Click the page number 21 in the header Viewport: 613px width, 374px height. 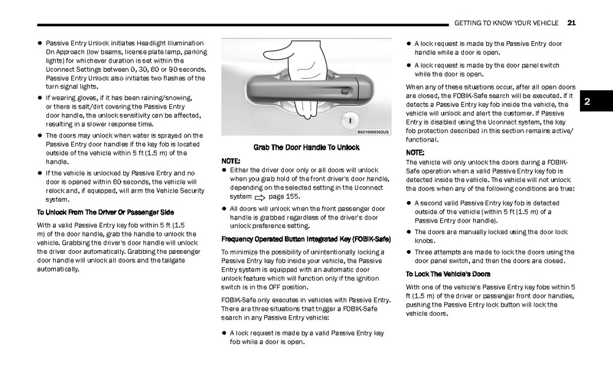click(571, 23)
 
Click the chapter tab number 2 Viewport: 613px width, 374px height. click(586, 102)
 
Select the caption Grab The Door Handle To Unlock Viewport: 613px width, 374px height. click(306, 148)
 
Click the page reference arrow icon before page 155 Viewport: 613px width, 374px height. click(258, 197)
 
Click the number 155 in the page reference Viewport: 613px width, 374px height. click(292, 197)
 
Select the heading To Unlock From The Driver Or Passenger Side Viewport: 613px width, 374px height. click(105, 212)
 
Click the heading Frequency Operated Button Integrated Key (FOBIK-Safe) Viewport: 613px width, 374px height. click(306, 239)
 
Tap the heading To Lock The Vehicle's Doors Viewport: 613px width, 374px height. click(447, 274)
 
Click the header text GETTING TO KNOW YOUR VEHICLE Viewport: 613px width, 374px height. click(506, 23)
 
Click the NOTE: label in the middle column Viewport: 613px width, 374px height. click(230, 161)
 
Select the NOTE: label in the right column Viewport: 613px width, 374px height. click(415, 152)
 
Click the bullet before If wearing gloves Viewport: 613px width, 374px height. click(39, 98)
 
